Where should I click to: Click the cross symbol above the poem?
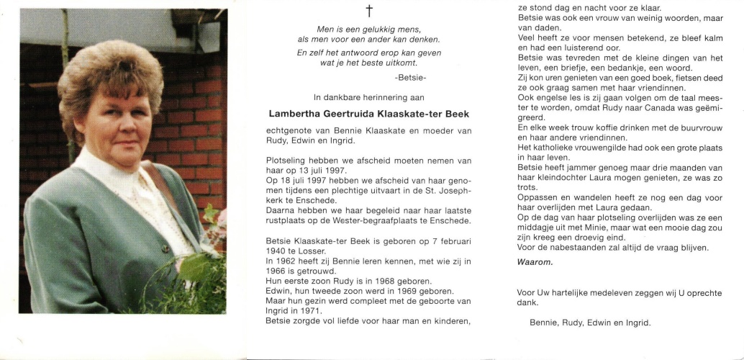click(x=369, y=11)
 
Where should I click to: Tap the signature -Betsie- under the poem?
click(x=411, y=77)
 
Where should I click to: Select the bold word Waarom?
click(x=535, y=261)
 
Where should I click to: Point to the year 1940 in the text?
click(x=276, y=251)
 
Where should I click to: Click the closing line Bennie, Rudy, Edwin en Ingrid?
click(x=590, y=323)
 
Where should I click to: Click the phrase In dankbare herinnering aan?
click(x=369, y=96)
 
